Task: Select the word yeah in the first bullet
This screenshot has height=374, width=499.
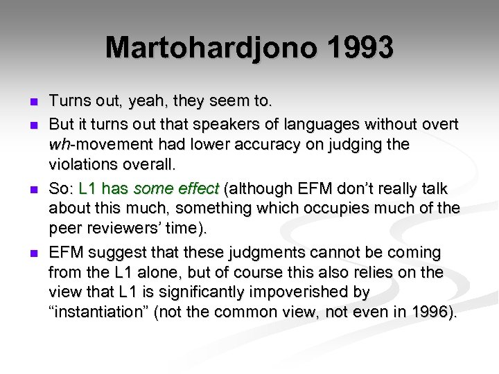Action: (x=142, y=101)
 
